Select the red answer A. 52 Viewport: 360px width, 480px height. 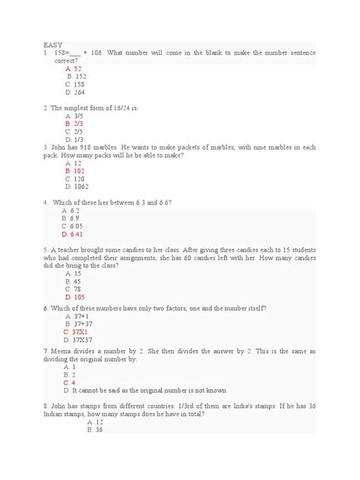click(73, 69)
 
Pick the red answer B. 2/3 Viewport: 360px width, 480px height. click(74, 123)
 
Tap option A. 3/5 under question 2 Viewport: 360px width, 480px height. click(74, 115)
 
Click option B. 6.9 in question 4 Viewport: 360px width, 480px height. click(73, 219)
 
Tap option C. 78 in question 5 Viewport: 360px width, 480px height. click(73, 289)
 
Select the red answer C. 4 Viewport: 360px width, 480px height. click(71, 383)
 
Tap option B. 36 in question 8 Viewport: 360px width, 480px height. click(73, 430)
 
